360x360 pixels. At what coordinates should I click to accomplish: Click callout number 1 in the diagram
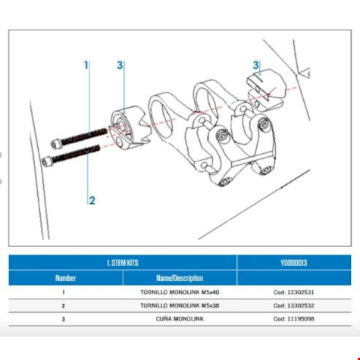coord(86,65)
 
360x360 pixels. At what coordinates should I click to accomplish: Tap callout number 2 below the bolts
coord(92,201)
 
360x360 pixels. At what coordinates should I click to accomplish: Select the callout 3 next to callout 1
coord(120,66)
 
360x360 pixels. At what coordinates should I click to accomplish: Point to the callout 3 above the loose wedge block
coord(256,65)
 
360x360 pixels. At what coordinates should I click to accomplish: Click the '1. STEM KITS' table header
coord(123,262)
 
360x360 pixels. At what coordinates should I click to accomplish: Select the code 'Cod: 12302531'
coord(293,292)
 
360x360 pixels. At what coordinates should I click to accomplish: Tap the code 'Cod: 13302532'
coord(293,305)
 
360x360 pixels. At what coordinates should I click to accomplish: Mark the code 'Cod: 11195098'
coord(293,318)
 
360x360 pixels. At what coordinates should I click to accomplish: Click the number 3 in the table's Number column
coord(64,318)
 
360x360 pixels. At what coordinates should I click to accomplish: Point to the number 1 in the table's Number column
coord(64,292)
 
